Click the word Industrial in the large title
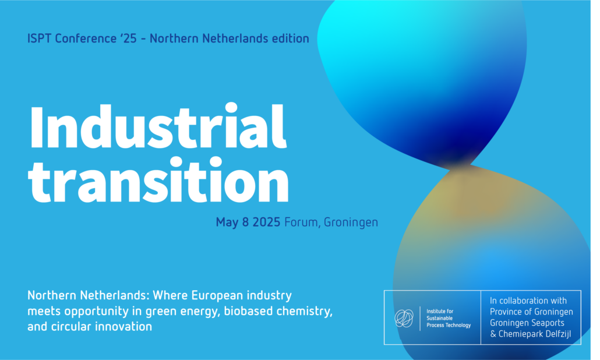point(158,126)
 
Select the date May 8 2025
point(248,223)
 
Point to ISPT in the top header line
point(40,38)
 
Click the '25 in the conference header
point(128,38)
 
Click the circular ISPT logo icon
point(404,318)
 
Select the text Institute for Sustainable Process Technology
point(449,318)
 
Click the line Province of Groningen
point(531,312)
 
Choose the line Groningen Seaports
point(527,323)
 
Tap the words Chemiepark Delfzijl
point(535,334)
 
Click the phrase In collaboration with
point(528,301)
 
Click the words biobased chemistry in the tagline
point(278,312)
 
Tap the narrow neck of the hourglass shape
point(458,166)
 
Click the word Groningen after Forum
point(351,223)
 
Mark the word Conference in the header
point(86,38)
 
